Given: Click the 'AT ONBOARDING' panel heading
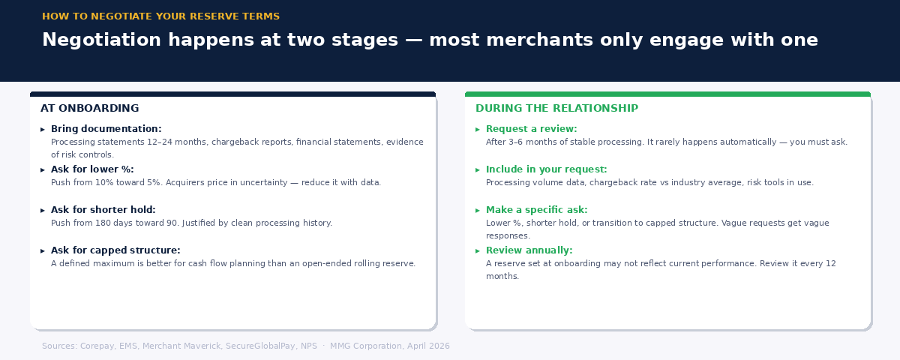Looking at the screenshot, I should pos(89,109).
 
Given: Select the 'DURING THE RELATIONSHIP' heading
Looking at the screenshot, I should pos(556,109).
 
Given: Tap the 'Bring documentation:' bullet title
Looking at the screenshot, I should pos(106,129).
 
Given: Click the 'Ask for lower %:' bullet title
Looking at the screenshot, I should pos(92,169).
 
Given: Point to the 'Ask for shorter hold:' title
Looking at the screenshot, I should pos(103,210).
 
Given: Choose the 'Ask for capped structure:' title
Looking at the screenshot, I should pos(115,250).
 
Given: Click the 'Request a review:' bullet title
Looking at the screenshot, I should pos(531,129).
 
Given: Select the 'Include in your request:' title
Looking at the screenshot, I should pos(546,169).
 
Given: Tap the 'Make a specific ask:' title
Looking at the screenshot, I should pos(536,210).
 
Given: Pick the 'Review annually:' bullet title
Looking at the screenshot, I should pos(529,250).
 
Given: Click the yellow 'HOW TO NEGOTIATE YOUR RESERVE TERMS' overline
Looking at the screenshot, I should pos(160,16).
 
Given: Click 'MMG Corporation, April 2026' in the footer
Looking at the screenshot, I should pos(390,346).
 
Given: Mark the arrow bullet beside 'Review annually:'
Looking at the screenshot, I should pos(478,251).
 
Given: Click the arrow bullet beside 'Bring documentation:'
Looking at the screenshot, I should pos(43,130).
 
